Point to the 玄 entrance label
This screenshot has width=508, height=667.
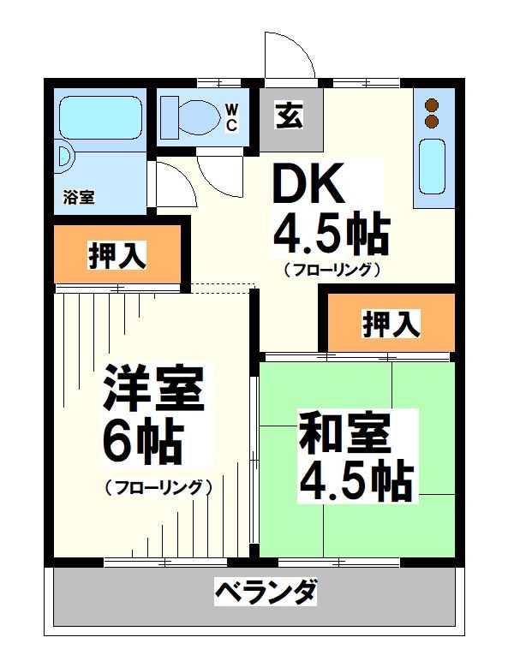coord(287,115)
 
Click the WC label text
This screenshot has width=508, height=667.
coord(231,116)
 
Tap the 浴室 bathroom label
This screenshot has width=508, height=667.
coord(79,197)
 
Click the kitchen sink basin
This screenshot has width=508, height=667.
coord(432,168)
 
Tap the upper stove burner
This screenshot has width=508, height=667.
coord(433,106)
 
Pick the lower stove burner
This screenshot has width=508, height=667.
coord(433,122)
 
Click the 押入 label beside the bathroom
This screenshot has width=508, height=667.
coord(117,255)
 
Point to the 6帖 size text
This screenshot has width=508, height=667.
coord(141,441)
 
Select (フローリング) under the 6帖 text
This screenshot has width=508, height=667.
coord(158,488)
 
